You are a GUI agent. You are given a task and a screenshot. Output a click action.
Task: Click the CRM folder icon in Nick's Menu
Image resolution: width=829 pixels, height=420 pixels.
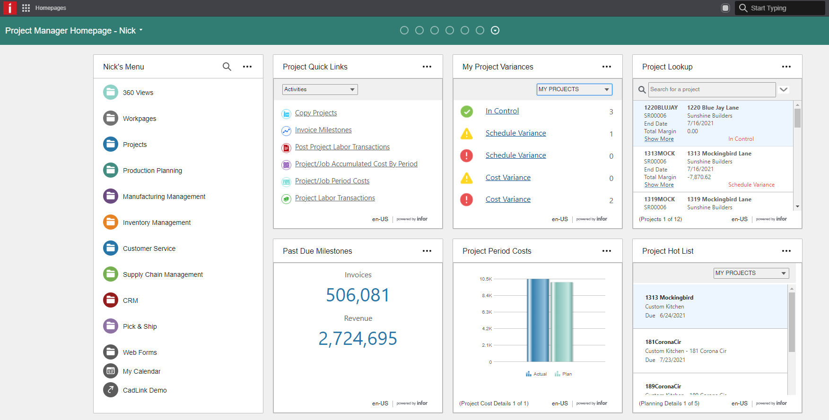(111, 300)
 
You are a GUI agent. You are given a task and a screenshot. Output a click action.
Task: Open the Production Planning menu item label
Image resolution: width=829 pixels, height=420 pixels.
(152, 171)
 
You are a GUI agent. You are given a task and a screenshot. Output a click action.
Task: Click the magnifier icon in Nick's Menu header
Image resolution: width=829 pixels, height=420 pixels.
(227, 67)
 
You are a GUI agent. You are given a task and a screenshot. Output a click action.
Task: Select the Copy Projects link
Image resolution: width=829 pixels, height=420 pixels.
(316, 113)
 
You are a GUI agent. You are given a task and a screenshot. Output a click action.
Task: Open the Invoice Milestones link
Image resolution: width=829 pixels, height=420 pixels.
(323, 130)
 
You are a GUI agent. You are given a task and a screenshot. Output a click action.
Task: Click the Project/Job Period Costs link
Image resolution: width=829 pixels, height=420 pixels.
(332, 181)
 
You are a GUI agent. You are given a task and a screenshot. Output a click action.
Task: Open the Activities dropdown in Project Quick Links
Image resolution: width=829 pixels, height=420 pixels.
(320, 89)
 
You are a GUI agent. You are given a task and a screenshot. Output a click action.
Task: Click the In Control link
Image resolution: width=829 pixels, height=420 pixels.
(502, 111)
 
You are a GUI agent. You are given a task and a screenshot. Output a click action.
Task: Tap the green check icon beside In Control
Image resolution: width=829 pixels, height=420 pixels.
(467, 111)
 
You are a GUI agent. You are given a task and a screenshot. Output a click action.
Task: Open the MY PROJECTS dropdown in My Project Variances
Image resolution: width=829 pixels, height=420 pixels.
(574, 89)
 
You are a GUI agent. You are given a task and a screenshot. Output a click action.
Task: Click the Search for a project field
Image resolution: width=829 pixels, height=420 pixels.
(711, 89)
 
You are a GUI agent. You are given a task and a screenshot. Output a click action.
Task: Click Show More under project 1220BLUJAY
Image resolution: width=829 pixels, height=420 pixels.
(659, 139)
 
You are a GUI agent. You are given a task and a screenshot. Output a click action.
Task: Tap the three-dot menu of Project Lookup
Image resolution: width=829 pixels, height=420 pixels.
(786, 67)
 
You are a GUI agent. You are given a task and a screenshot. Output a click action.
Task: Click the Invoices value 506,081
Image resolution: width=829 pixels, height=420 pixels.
(358, 295)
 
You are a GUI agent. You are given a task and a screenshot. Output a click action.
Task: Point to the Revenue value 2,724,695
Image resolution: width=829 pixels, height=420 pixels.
(358, 339)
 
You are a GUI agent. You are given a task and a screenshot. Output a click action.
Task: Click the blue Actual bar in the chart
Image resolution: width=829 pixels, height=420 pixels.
(538, 321)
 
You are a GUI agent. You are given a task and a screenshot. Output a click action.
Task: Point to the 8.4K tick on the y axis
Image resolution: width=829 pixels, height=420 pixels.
(487, 296)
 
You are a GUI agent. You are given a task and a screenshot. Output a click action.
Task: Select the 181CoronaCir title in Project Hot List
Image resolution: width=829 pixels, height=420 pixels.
(663, 342)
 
